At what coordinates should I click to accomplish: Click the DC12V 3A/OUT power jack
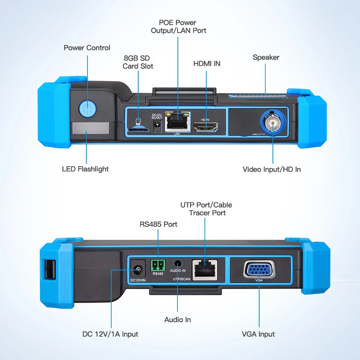(157, 125)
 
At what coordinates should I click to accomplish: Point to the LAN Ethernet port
(177, 123)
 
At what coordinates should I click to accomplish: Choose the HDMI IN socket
(206, 126)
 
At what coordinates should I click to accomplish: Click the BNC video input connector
(273, 123)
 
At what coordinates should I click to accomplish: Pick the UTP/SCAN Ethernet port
(204, 269)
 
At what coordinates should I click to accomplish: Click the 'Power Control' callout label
(87, 48)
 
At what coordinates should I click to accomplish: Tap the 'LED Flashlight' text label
(85, 169)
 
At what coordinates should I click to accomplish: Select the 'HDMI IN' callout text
(207, 64)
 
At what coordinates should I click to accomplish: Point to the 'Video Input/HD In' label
(271, 169)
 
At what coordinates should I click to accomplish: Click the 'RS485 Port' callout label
(158, 224)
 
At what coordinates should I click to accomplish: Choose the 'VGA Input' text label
(258, 334)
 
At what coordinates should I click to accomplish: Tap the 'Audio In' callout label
(177, 320)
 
